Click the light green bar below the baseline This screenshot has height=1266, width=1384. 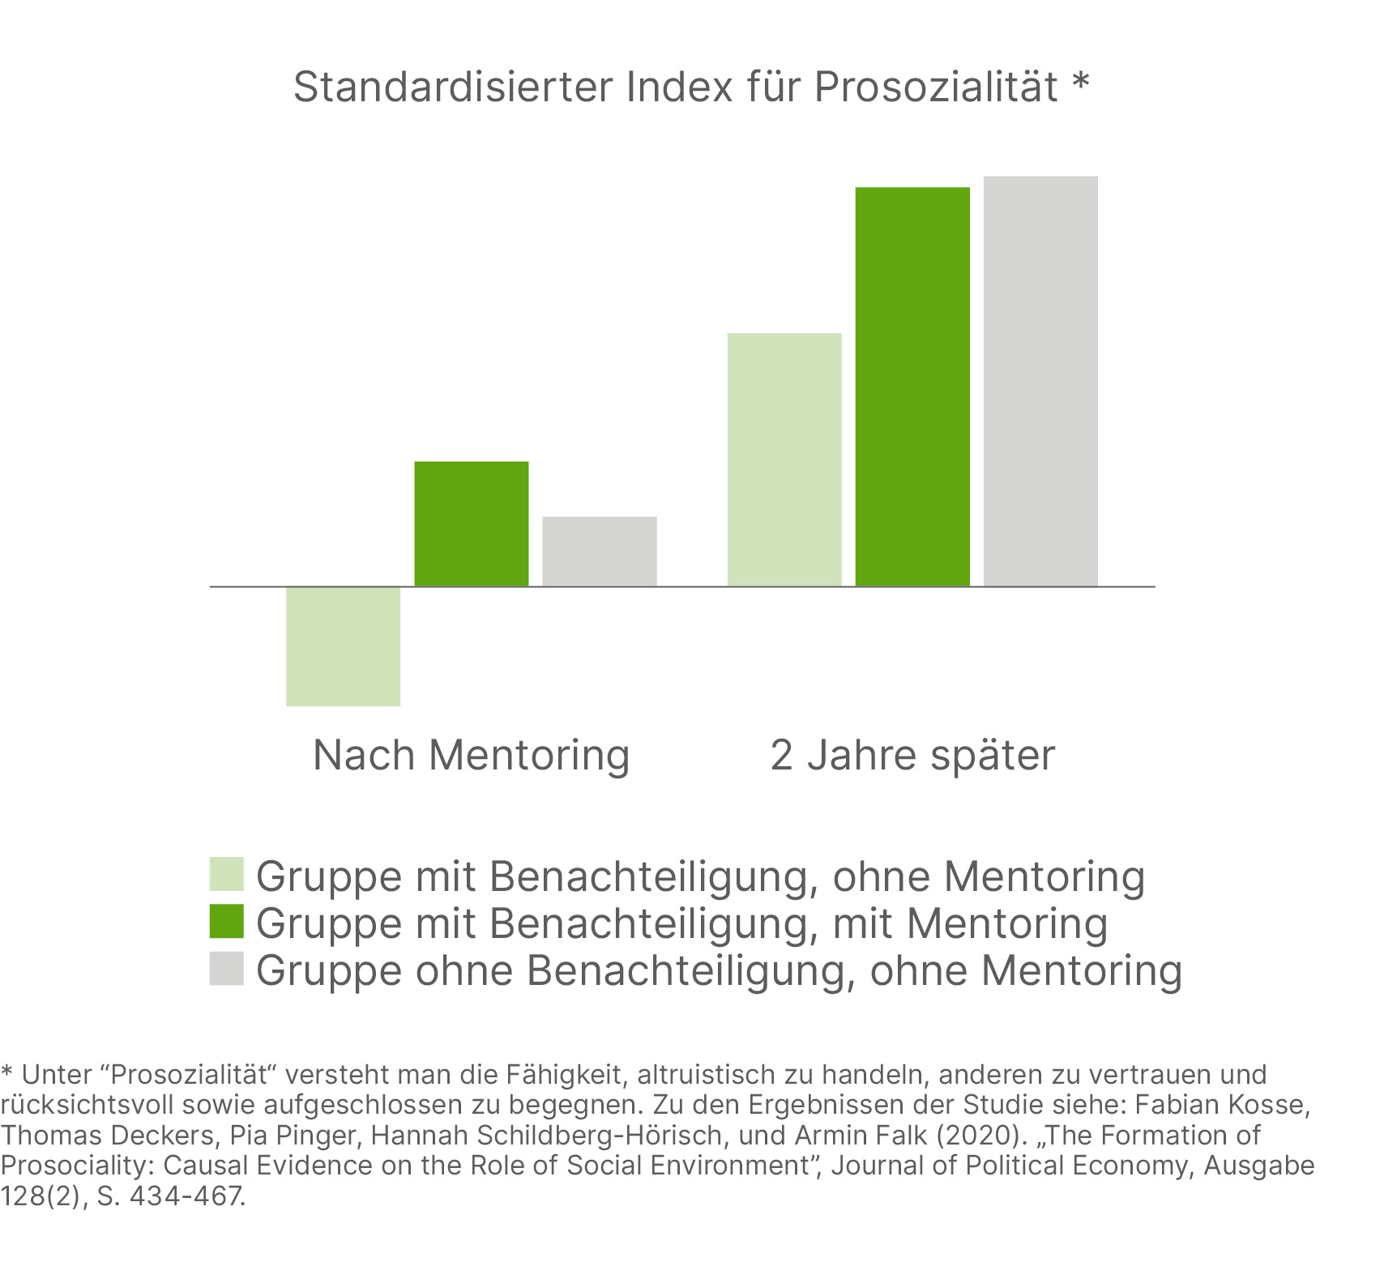pos(343,646)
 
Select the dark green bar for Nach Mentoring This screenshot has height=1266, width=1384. pos(471,523)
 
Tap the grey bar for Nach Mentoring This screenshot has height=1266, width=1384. pos(599,551)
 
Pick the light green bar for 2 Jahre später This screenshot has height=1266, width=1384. pos(784,459)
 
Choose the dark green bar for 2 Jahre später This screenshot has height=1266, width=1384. pos(912,386)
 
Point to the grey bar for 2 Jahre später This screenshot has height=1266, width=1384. pos(1040,381)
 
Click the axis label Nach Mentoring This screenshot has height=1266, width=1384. pos(471,755)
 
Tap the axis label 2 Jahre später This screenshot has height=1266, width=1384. pos(912,755)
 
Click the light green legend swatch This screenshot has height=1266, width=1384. pos(226,874)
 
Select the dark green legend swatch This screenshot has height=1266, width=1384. pos(226,921)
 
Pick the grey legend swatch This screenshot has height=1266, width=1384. pos(226,968)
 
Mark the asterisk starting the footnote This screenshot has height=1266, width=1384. pos(7,1071)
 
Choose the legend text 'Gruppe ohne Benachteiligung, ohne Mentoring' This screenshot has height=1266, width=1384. pos(719,970)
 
